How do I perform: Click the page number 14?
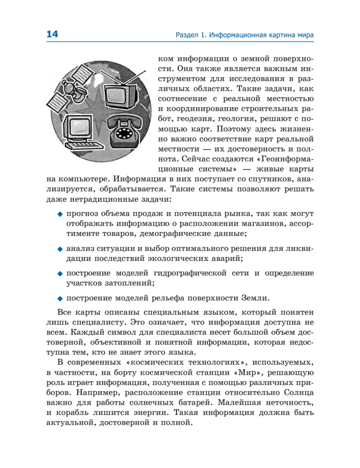[x=52, y=34]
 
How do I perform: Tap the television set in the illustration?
[x=121, y=93]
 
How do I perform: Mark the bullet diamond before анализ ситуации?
[x=60, y=248]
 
